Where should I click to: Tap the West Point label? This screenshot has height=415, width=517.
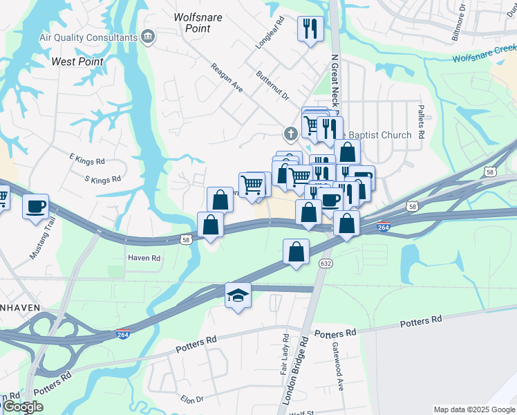click(78, 62)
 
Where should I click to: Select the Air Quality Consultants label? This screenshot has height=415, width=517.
click(88, 37)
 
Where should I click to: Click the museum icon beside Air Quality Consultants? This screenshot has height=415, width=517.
click(147, 37)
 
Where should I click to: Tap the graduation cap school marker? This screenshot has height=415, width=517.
click(238, 296)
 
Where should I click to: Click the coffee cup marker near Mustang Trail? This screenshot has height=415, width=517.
click(35, 205)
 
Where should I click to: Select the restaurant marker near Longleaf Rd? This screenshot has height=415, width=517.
click(310, 29)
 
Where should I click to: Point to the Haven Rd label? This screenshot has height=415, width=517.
click(144, 258)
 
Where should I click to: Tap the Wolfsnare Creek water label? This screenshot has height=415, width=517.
click(485, 53)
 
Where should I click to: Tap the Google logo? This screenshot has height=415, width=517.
click(23, 407)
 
